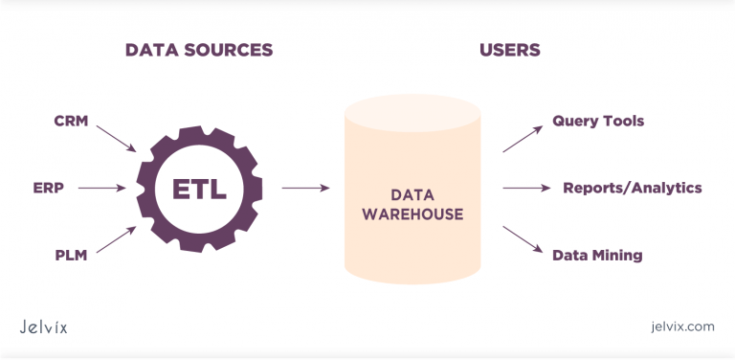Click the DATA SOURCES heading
coord(198,50)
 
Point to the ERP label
coord(48,188)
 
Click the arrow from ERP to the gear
coord(101,188)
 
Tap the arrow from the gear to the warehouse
coord(306,188)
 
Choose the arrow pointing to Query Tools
coord(523,138)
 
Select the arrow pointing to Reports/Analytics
coord(524,188)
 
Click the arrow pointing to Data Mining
coord(523,239)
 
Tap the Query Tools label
coord(598,122)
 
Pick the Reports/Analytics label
coord(633,188)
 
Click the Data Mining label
coord(597,256)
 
